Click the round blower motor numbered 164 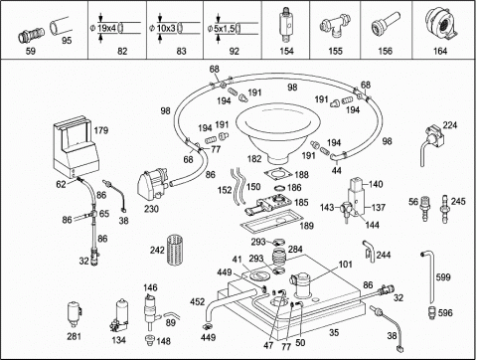point(441,24)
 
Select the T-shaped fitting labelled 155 point(334,27)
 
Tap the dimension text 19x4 point(106,28)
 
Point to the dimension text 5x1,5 point(225,29)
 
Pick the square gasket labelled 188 point(278,174)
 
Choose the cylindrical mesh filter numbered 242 point(176,250)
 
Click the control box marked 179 point(76,146)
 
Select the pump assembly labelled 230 point(153,184)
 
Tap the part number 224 point(450,125)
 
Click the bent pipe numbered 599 point(429,275)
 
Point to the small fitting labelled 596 point(431,313)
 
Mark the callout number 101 point(345,265)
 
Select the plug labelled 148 point(150,340)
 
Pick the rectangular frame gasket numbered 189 point(271,222)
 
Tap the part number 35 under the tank point(334,332)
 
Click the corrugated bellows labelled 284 point(279,258)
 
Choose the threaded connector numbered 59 point(31,35)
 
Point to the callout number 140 point(376,184)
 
